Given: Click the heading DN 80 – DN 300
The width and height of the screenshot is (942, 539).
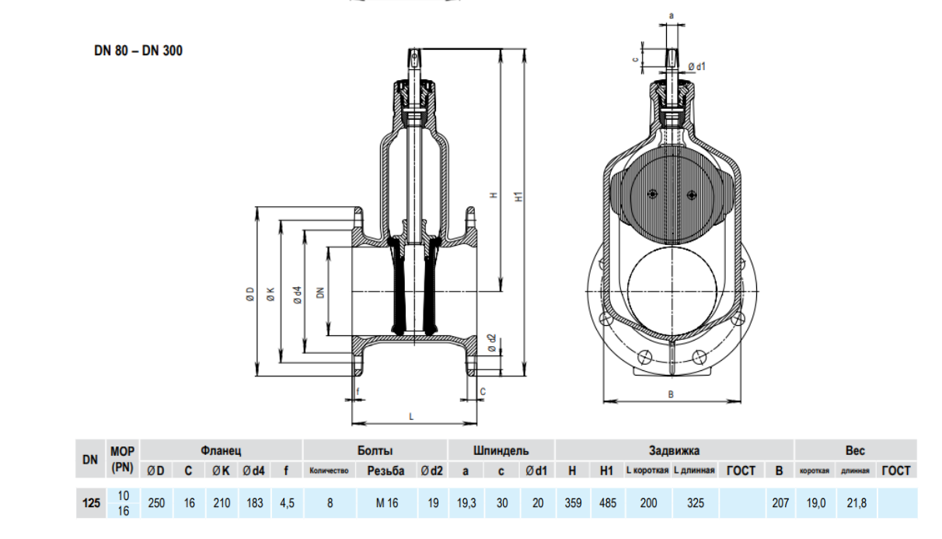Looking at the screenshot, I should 138,52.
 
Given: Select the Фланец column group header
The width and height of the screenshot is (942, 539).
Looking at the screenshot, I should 222,450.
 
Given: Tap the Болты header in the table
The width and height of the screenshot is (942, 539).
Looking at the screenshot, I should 375,450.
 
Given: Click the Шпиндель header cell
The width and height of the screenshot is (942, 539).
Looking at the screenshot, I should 501,450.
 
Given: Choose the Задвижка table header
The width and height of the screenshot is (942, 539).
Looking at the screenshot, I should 674,450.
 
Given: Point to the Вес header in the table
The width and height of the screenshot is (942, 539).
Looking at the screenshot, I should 855,450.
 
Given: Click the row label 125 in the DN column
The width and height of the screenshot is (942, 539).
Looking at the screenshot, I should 91,503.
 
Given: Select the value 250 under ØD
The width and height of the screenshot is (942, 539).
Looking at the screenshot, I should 156,503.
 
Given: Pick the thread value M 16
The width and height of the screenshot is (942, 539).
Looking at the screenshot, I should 386,503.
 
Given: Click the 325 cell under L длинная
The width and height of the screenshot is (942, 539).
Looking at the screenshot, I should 696,503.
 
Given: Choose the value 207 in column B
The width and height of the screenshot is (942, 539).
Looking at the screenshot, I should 780,503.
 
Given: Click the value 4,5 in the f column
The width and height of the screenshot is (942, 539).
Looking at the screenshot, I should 287,503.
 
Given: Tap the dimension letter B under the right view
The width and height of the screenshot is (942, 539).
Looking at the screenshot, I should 671,394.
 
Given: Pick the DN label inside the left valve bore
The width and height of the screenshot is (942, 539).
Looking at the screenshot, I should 319,292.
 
